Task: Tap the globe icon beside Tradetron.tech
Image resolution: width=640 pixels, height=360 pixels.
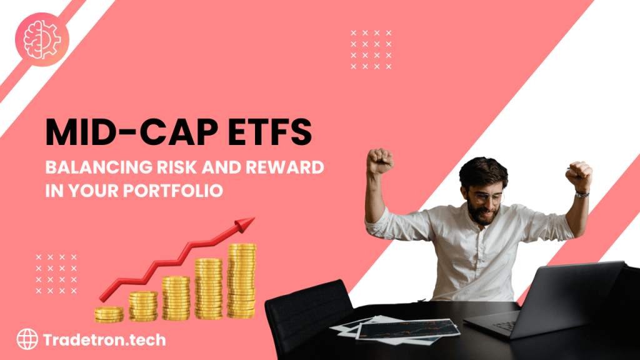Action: (x=26, y=340)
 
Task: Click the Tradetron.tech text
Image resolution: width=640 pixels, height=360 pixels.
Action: (x=104, y=340)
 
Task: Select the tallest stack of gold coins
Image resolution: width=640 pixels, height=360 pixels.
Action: (x=241, y=281)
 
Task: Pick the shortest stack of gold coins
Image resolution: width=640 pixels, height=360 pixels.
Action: (x=109, y=314)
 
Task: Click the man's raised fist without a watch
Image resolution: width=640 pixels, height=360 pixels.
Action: (x=379, y=161)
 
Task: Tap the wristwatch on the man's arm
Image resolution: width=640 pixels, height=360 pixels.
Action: (x=581, y=194)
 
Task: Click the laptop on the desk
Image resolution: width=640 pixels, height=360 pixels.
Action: (x=556, y=300)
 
